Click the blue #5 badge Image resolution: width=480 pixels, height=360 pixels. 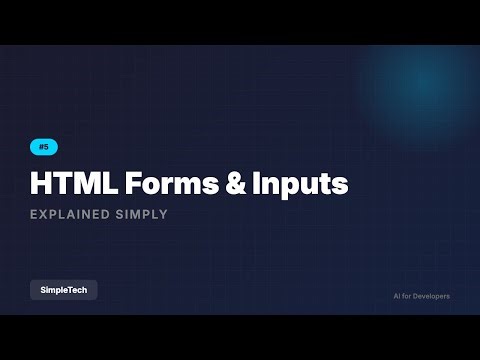click(44, 147)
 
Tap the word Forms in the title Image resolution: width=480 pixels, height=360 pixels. click(160, 185)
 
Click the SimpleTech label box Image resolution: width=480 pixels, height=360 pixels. click(64, 290)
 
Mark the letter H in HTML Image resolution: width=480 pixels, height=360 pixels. click(41, 185)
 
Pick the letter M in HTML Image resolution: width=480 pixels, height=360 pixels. click(82, 185)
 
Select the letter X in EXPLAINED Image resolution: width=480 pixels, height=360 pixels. click(44, 214)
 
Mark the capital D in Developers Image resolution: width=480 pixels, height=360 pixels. click(418, 297)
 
